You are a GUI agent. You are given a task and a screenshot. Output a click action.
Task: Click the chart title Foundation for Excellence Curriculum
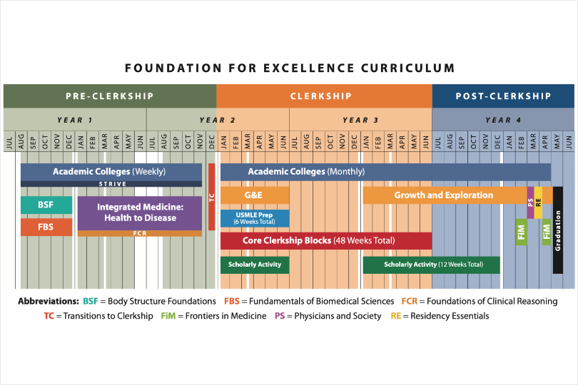[x=289, y=68]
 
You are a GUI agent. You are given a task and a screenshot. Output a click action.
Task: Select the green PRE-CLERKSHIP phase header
[x=109, y=96]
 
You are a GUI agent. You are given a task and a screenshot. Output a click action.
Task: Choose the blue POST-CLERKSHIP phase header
[x=503, y=96]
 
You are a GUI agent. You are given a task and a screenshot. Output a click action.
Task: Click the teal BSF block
[x=46, y=205]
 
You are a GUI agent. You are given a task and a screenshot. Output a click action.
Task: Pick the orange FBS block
[x=46, y=227]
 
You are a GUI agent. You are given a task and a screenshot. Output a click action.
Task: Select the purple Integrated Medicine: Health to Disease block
[x=140, y=212]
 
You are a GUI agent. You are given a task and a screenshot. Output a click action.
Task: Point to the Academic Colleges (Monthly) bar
[x=385, y=171]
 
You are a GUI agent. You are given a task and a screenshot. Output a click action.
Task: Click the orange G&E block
[x=255, y=195]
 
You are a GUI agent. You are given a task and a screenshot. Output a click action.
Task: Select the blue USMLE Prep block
[x=255, y=218]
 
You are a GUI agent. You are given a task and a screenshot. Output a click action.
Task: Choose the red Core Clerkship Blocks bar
[x=325, y=241]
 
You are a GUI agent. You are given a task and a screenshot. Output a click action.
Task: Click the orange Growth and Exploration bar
[x=444, y=195]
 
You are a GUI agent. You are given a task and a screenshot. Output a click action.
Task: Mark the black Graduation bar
[x=557, y=230]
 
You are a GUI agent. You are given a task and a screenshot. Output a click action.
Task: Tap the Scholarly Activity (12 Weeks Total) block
[x=431, y=265]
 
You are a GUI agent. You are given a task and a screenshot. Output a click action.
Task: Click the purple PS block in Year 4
[x=530, y=202]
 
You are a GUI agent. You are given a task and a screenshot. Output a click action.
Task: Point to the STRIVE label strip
[x=111, y=184]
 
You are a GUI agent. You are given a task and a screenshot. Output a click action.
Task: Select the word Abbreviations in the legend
[x=48, y=301]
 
